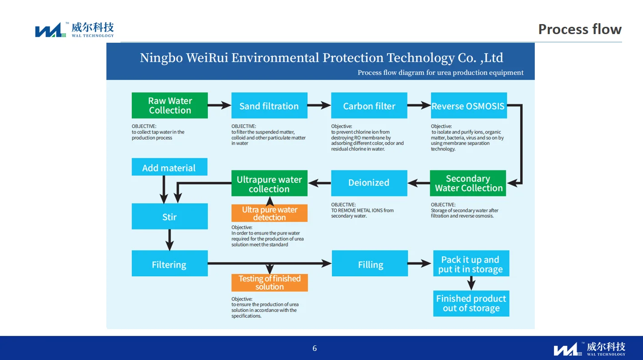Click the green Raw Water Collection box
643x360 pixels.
(170, 105)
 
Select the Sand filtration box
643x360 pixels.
(269, 106)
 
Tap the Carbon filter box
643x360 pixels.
(369, 106)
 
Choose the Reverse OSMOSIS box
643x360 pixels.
(468, 106)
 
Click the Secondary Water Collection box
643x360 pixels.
(468, 183)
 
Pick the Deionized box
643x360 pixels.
(369, 183)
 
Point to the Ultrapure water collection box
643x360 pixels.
(269, 183)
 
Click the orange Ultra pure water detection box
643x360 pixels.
(269, 213)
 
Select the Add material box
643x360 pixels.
(169, 167)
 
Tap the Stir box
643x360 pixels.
(170, 216)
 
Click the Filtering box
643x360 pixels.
(170, 264)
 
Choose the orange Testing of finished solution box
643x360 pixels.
(269, 282)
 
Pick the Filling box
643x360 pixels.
(370, 264)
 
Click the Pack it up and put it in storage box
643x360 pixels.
(471, 264)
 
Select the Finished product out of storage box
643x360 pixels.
(471, 303)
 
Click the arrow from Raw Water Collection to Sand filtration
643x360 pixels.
(220, 106)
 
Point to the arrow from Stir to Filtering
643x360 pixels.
(170, 240)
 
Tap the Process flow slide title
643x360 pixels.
(579, 29)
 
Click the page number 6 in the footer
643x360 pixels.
(315, 349)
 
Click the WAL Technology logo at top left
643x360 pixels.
(75, 30)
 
